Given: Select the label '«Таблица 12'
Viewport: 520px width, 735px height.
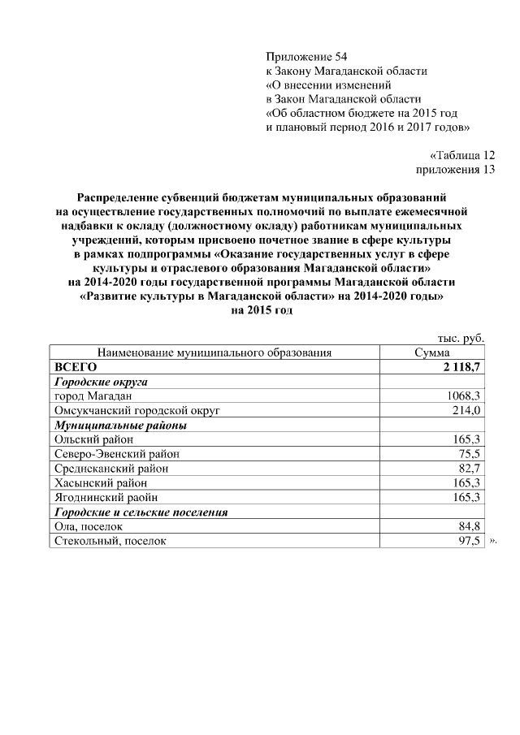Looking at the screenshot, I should coord(461,155).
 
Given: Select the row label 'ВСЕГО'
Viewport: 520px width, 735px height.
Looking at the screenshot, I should coord(75,367).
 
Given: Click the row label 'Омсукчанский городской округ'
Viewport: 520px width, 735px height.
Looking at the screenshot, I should coord(136,410).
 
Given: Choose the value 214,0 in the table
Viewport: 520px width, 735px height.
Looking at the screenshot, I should coord(467,410).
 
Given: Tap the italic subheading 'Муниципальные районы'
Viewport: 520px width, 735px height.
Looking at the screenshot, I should coord(120,425).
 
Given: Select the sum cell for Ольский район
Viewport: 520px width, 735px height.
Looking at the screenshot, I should coord(467,439).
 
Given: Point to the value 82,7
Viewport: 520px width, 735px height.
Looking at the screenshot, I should coord(470,469).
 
